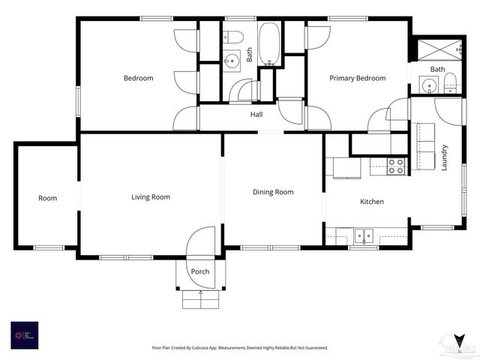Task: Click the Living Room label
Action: tap(151, 197)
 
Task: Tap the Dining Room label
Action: tap(273, 192)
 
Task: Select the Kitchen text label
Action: tap(372, 202)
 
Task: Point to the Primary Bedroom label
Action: tap(358, 78)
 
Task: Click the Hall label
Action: tap(256, 115)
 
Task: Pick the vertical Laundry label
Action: tap(444, 157)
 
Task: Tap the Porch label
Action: tap(200, 271)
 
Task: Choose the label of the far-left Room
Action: tap(48, 198)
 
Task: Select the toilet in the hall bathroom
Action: tap(233, 36)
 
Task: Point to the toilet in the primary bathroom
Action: tap(451, 84)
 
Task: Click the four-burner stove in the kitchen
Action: tap(396, 166)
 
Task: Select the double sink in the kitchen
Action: tap(364, 235)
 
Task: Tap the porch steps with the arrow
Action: tap(200, 298)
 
